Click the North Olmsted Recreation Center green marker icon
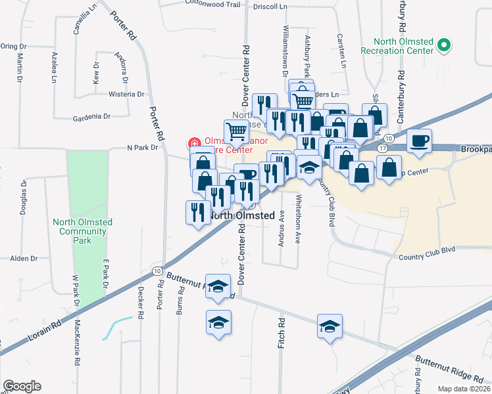445,46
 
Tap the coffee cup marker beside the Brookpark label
419,140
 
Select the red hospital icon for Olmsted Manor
194,142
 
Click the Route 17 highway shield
382,148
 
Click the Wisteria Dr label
127,94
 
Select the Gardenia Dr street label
92,117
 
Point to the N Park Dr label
143,148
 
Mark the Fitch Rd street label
281,333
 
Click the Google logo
22,386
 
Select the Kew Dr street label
96,72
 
